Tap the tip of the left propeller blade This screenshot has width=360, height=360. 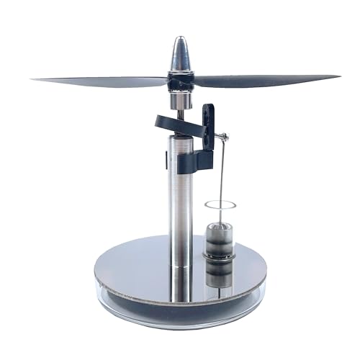click(35, 79)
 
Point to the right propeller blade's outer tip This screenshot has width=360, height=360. click(337, 76)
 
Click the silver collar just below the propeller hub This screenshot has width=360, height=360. click(180, 99)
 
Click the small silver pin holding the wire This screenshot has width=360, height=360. click(225, 137)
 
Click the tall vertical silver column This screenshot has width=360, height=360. click(180, 202)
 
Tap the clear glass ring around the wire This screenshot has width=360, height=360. click(220, 205)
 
